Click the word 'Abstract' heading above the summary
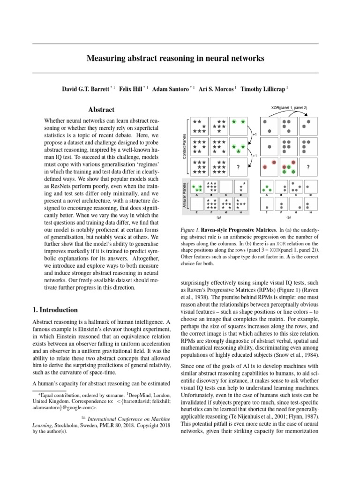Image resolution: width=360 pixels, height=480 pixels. point(101,110)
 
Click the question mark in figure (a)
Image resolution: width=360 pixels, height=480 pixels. point(239,167)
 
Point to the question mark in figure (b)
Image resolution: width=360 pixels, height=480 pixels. point(307,167)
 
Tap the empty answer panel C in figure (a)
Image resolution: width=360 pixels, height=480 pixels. point(226,187)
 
